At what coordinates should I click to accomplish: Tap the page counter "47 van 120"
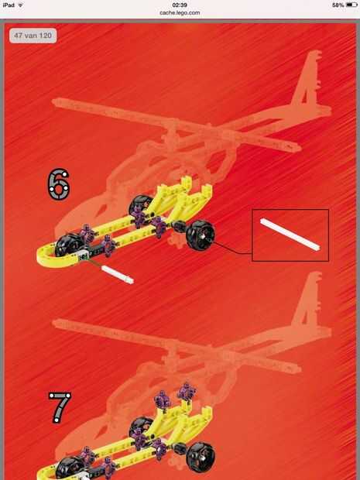click(x=33, y=36)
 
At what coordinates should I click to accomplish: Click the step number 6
click(x=59, y=184)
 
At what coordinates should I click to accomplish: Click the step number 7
click(x=60, y=408)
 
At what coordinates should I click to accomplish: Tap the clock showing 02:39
click(x=180, y=5)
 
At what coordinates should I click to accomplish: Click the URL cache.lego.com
click(x=180, y=13)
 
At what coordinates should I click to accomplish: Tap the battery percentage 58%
click(x=338, y=5)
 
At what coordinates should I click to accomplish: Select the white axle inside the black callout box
click(x=290, y=235)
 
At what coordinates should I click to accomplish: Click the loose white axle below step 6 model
click(x=118, y=275)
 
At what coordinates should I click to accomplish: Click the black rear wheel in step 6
click(x=201, y=235)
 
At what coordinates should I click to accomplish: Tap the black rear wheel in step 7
click(x=201, y=458)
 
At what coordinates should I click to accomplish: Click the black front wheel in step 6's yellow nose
click(x=70, y=245)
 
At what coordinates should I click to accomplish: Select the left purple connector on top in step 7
click(x=162, y=399)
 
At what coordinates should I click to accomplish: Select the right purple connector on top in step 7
click(x=187, y=391)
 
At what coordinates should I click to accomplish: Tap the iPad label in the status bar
click(x=9, y=5)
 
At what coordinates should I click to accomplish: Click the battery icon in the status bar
click(x=351, y=5)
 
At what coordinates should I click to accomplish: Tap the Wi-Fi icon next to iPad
click(x=21, y=5)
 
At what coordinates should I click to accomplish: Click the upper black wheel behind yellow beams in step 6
click(x=140, y=204)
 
